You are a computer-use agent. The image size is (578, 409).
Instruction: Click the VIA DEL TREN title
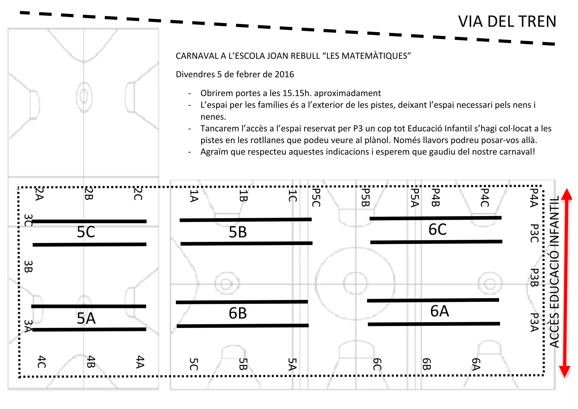(x=507, y=21)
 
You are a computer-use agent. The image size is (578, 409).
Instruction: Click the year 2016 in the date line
(x=284, y=74)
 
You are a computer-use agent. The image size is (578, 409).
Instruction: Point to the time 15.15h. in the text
(x=297, y=93)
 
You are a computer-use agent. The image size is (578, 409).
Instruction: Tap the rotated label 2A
(x=39, y=194)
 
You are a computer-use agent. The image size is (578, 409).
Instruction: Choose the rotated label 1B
(x=243, y=195)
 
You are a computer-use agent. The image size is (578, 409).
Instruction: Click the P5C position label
(x=316, y=197)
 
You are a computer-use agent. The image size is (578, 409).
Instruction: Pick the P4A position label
(x=534, y=198)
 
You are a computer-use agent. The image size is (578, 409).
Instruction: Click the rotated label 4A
(x=140, y=362)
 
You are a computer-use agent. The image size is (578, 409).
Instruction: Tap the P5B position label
(x=365, y=197)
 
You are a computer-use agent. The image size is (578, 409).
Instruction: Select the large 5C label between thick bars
(x=86, y=232)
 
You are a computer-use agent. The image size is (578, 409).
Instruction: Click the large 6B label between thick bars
(x=238, y=313)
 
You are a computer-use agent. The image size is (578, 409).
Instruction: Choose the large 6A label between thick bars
(x=439, y=311)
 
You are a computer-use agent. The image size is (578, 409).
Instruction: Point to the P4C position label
(x=484, y=197)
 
